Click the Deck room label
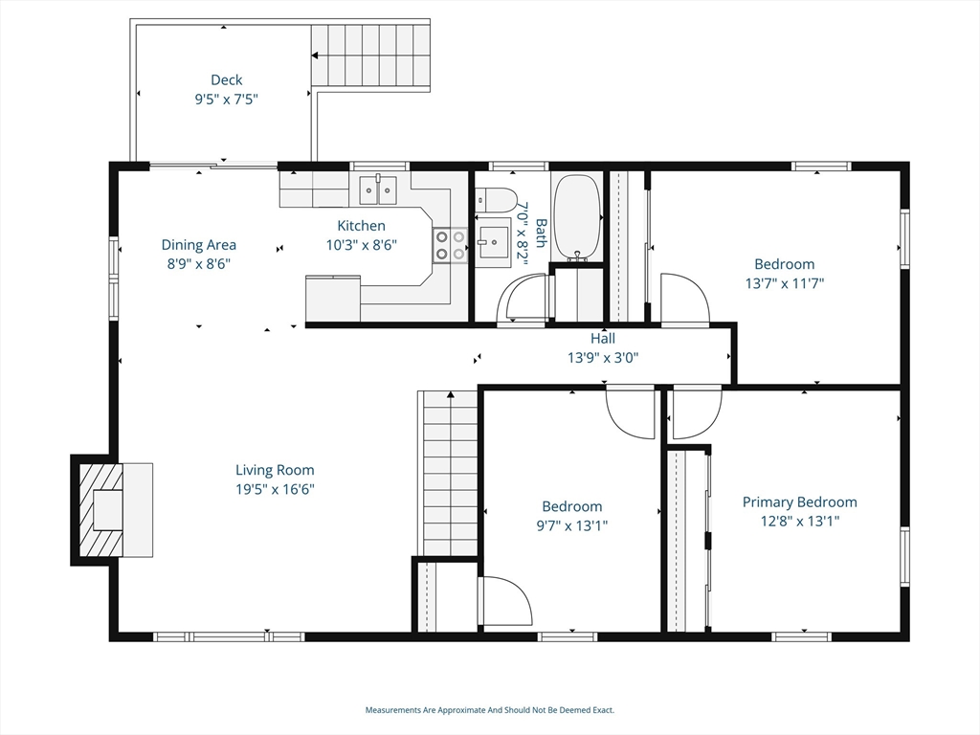coord(226,80)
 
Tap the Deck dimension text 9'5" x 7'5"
coord(226,99)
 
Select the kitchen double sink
coord(377,190)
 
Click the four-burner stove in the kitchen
coord(450,245)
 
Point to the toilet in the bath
coord(495,200)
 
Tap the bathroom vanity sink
coord(494,242)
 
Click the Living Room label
coord(275,470)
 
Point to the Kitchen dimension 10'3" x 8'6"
coord(361,245)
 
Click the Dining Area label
coord(199,245)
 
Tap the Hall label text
coord(603,339)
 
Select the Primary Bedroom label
coord(799,501)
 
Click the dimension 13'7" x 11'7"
coord(785,283)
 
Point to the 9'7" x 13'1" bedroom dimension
coord(572,525)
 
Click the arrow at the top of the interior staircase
coord(450,395)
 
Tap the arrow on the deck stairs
coord(316,56)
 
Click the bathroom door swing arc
coord(522,299)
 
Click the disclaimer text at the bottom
coord(489,710)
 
